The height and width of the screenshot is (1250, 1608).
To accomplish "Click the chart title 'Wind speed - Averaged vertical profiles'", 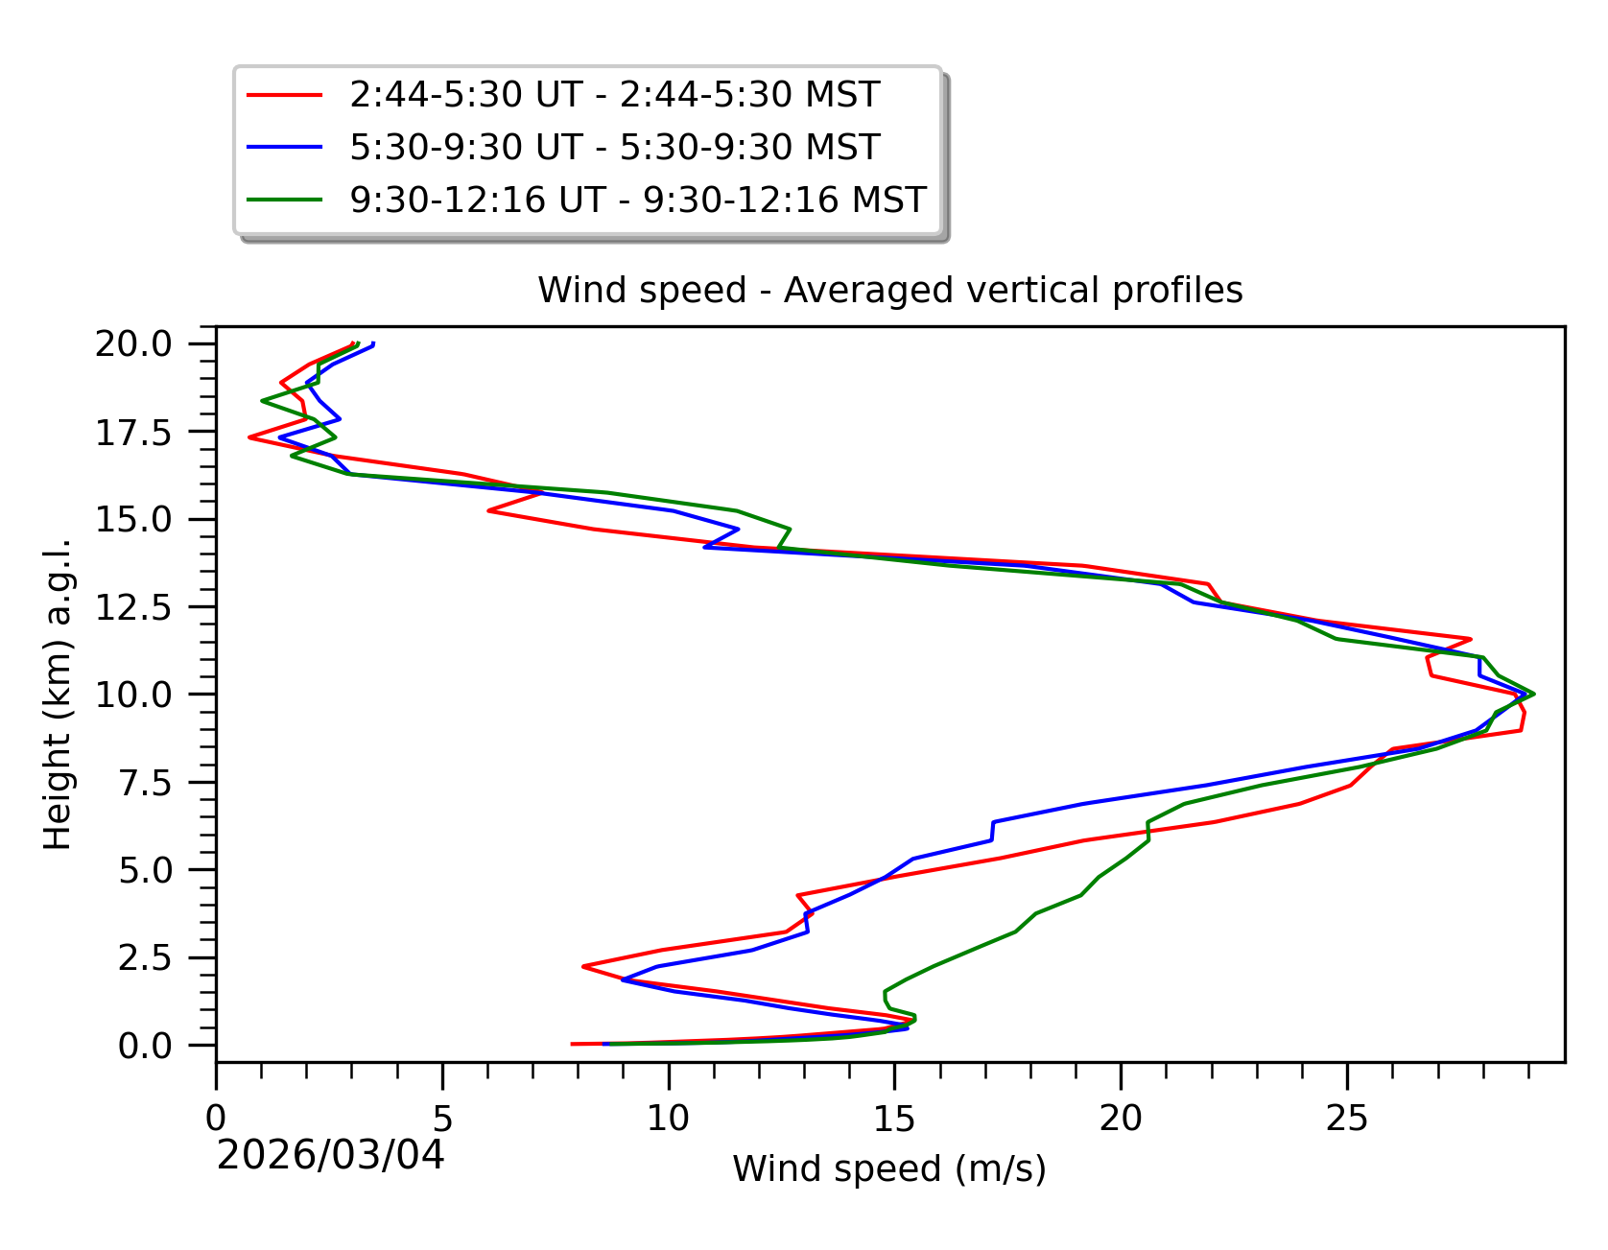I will click(x=889, y=290).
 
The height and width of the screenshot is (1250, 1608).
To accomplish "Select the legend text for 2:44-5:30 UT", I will click(x=614, y=95).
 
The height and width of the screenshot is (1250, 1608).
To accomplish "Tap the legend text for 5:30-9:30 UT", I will click(x=614, y=148).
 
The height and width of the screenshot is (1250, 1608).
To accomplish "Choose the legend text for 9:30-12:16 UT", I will click(x=638, y=200).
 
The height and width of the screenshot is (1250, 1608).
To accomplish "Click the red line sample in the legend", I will click(x=284, y=95).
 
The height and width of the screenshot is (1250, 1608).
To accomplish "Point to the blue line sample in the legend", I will click(x=284, y=148).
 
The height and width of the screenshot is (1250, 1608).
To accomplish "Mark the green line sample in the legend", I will click(x=284, y=200).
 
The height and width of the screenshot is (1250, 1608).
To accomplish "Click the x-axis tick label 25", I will click(x=1346, y=1118).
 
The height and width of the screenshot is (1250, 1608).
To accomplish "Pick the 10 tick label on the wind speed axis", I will click(x=668, y=1118).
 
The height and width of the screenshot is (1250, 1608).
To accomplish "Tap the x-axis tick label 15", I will click(x=894, y=1118).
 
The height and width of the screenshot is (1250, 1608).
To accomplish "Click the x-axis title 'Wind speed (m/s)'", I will click(x=889, y=1168).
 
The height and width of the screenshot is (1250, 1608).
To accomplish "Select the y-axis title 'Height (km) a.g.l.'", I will click(x=58, y=695).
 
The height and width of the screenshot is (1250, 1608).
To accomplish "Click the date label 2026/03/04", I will click(x=331, y=1156).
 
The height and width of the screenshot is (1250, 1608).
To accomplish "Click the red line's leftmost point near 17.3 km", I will click(x=249, y=437).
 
